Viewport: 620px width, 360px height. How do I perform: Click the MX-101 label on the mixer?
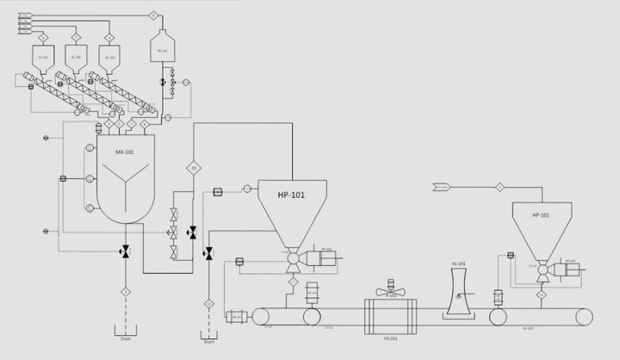click(x=126, y=152)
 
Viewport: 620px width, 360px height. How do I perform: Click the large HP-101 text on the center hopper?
click(x=292, y=195)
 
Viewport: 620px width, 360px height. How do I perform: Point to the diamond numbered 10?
click(x=194, y=168)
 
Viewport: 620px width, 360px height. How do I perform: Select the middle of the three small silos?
click(x=75, y=58)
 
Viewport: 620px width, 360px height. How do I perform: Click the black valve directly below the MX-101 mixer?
click(x=126, y=251)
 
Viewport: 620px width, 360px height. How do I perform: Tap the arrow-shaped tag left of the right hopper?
click(x=440, y=186)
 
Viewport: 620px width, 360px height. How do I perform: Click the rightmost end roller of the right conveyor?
click(x=583, y=317)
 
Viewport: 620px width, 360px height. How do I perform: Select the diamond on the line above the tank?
click(x=153, y=16)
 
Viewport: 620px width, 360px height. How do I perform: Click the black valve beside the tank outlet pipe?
click(x=162, y=82)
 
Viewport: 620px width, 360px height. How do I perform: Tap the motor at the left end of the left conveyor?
click(x=235, y=316)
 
